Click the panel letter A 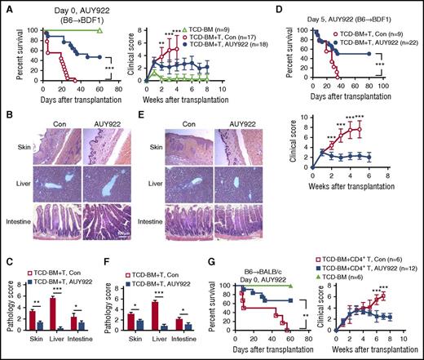pyautogui.click(x=5, y=7)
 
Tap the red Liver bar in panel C pyautogui.click(x=55, y=312)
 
